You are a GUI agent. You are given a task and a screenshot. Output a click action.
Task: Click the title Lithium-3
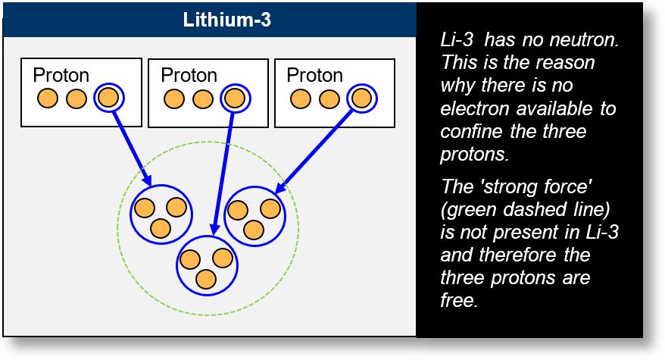point(227,20)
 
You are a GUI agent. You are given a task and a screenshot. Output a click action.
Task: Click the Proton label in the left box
point(61,76)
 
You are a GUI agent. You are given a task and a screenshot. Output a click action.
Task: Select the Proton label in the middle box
point(189,76)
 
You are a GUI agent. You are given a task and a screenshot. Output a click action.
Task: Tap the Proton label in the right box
point(314,76)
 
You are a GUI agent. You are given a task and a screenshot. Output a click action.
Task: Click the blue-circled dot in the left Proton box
point(108,98)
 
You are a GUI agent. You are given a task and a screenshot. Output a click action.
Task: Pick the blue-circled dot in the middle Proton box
point(235,98)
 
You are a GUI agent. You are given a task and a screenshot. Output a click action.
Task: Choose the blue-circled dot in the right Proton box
point(361,98)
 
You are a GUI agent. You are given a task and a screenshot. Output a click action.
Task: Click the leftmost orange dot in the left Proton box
point(48,99)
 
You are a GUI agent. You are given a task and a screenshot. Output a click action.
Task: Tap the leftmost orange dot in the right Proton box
point(301,99)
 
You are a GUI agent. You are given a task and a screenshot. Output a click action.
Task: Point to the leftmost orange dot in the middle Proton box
point(174,99)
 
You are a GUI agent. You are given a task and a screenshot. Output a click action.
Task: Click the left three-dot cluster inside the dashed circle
point(160,214)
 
